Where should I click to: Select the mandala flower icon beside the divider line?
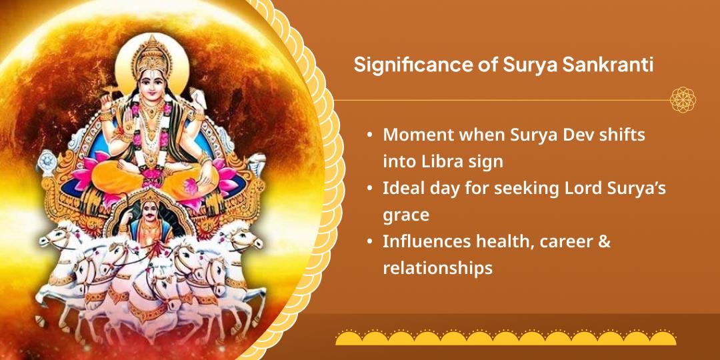tap(683, 99)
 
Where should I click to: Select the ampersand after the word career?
tap(605, 242)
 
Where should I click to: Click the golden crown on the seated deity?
tap(151, 55)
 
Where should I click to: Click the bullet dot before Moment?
tap(369, 135)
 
